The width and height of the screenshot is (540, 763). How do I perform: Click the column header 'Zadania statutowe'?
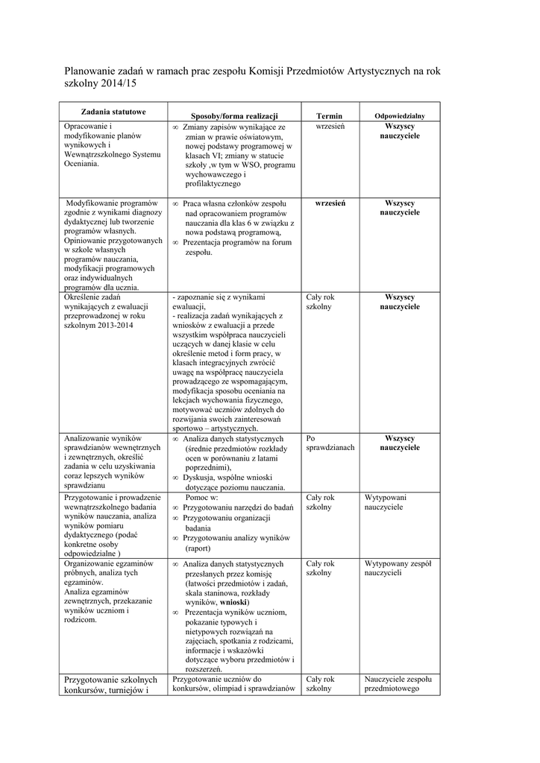coord(113,111)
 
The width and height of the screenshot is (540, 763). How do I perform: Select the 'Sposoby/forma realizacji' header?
coord(234,116)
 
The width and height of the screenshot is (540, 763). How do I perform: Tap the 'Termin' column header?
coord(329,116)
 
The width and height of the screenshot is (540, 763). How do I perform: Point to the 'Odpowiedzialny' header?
coord(399,116)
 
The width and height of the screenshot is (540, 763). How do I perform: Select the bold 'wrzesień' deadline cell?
coord(329,203)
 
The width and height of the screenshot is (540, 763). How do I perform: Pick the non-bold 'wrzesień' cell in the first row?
coord(330,127)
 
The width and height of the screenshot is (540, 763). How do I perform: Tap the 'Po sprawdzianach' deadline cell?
coord(330,443)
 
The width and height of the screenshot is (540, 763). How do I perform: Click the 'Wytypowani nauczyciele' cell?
coord(385,501)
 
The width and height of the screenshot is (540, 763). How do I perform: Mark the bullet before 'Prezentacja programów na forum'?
coord(175,243)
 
